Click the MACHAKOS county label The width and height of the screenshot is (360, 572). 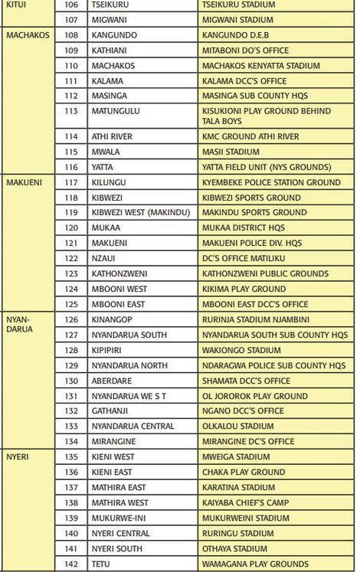click(28, 35)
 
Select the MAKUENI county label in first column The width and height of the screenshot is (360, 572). click(25, 182)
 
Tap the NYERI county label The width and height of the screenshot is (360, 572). click(18, 456)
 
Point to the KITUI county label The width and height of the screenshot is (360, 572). click(16, 5)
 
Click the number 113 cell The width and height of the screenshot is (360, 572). click(71, 111)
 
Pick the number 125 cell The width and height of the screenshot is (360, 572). click(71, 304)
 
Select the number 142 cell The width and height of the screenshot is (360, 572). click(71, 564)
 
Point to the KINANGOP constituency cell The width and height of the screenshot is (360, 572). click(112, 319)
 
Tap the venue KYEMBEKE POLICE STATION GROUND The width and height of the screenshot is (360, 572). click(271, 182)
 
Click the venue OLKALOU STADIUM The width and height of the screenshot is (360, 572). click(237, 426)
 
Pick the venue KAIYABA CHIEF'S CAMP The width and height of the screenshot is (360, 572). click(244, 502)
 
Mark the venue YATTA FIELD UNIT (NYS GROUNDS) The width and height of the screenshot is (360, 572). click(267, 167)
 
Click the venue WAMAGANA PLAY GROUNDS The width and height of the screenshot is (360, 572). click(255, 564)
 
